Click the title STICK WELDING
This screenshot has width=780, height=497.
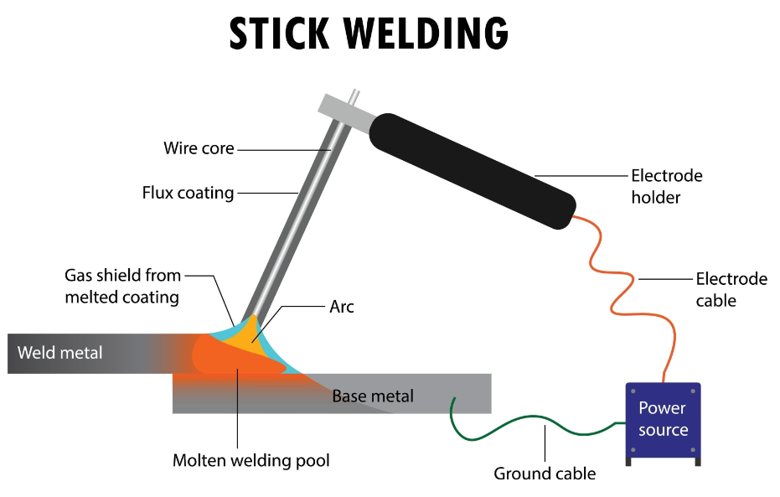coord(369,34)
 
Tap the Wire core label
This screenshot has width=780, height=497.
coord(199,149)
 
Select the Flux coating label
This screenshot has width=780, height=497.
coord(188,193)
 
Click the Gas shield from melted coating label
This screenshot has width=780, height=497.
coord(122,285)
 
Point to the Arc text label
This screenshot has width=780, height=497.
coord(341,307)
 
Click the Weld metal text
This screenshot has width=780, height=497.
coord(59,352)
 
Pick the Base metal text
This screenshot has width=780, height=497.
coord(373,396)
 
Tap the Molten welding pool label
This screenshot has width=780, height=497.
coord(251,460)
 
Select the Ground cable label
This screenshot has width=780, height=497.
coord(545,474)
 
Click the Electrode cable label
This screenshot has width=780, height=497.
coord(731,289)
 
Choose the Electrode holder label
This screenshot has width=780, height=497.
coord(666,187)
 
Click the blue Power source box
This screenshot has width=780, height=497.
coord(663,419)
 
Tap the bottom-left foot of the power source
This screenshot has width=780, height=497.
coord(631,461)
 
